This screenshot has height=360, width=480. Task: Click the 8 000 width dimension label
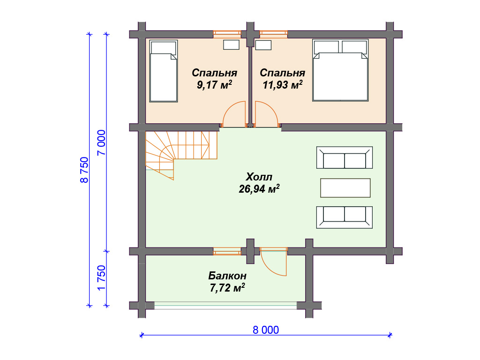click(x=266, y=330)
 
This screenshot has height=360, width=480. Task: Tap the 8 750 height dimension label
click(x=84, y=170)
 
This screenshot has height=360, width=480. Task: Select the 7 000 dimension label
click(x=101, y=142)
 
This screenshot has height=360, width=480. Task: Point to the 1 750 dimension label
click(x=101, y=277)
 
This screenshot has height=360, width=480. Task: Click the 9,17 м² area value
click(x=214, y=84)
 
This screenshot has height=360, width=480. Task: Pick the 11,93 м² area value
click(x=283, y=84)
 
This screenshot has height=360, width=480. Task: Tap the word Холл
click(x=259, y=177)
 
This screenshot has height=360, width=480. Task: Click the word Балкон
click(x=227, y=276)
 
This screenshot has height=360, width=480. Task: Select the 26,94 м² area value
click(x=259, y=189)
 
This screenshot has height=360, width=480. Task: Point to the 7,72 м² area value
click(x=227, y=288)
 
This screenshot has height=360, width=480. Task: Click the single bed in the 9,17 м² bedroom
click(x=164, y=71)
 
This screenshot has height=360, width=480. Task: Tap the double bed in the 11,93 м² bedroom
click(x=340, y=70)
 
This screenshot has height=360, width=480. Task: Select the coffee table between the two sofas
click(x=345, y=188)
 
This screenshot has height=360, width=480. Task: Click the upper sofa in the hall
click(x=345, y=157)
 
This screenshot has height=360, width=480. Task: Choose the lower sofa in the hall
click(x=345, y=217)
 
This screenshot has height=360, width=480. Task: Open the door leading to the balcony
click(x=273, y=262)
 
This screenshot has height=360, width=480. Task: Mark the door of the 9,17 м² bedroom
click(x=234, y=114)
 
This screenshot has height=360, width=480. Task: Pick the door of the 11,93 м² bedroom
click(x=267, y=114)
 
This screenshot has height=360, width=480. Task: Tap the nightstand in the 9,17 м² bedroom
click(x=231, y=45)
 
